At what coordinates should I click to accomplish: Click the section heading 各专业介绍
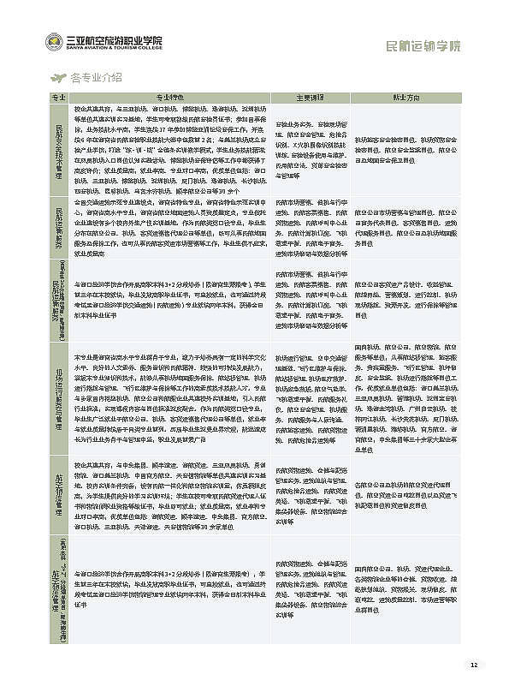96,77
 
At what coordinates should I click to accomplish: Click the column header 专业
59,96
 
